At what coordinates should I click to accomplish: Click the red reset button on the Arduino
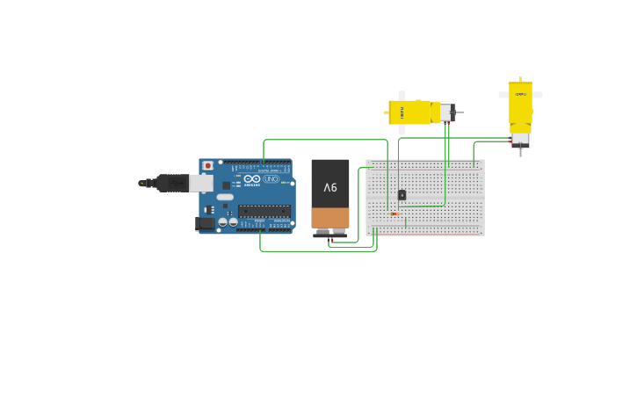point(208,165)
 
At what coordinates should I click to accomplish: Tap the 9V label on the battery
point(330,187)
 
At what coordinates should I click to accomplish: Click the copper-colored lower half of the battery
point(330,217)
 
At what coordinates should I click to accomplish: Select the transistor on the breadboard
point(402,195)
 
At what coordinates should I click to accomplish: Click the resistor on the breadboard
point(394,213)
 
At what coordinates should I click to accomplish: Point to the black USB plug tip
point(142,183)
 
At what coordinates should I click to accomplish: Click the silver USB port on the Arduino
point(201,183)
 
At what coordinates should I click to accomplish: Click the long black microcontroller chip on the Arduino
point(264,211)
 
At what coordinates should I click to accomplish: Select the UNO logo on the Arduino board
point(271,179)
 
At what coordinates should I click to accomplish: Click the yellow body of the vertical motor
point(520,103)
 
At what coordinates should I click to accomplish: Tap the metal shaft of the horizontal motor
point(460,112)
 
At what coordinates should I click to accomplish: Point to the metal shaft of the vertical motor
point(520,153)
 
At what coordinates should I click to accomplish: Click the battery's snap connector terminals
point(330,233)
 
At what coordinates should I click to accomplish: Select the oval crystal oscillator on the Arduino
point(225,197)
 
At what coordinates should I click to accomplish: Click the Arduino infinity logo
point(252,179)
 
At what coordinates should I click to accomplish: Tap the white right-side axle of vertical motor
point(538,95)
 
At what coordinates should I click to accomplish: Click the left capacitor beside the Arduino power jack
point(223,222)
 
